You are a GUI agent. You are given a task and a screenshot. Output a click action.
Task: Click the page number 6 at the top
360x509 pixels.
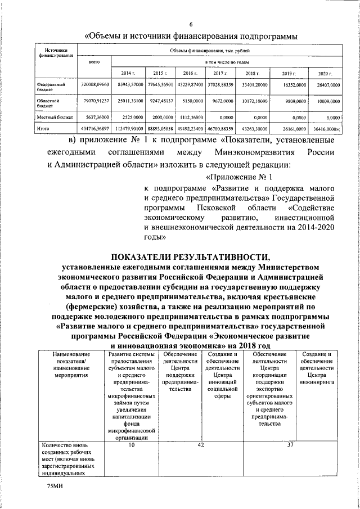(x=191, y=24)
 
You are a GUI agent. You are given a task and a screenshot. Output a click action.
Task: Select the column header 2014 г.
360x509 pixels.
(x=128, y=74)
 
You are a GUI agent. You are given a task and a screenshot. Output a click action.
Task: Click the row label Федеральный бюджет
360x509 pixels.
(x=48, y=87)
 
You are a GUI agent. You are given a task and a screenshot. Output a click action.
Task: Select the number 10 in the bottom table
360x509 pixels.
(x=131, y=445)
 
